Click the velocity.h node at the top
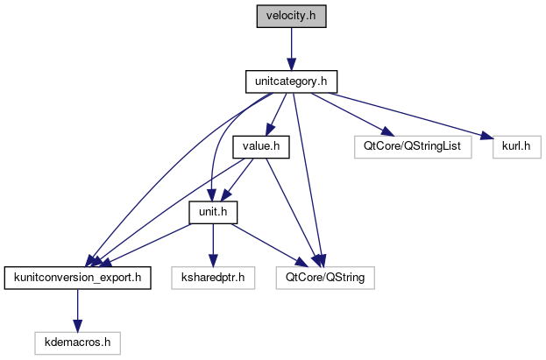point(290,17)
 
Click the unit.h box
point(214,213)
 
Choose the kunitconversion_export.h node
point(78,279)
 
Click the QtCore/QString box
point(325,279)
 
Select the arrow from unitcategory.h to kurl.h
point(403,115)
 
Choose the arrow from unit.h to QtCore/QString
point(267,245)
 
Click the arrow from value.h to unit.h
point(238,180)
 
